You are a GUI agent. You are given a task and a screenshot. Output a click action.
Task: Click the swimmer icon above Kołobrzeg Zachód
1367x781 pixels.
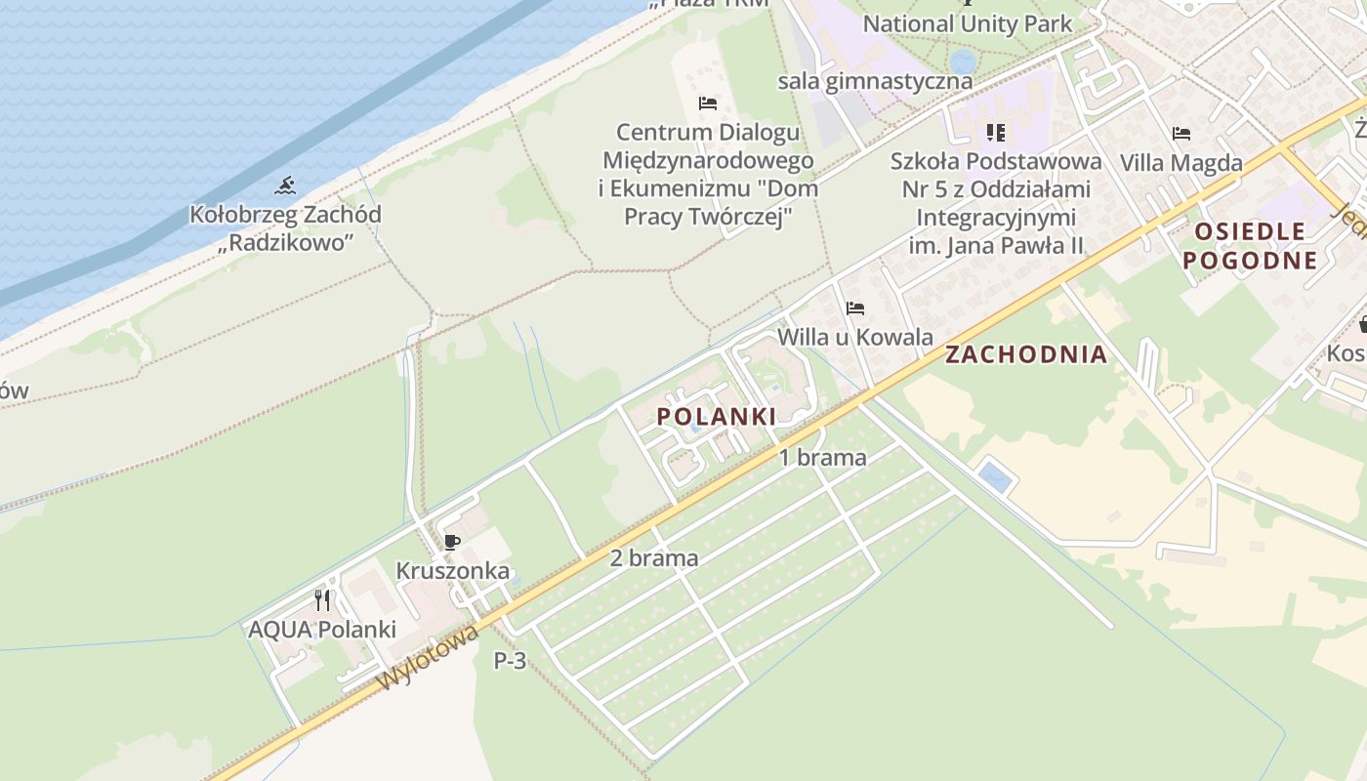click(285, 185)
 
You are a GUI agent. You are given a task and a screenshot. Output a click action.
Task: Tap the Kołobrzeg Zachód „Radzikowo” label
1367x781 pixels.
click(285, 228)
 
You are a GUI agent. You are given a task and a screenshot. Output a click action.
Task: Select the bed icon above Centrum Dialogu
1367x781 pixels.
click(708, 103)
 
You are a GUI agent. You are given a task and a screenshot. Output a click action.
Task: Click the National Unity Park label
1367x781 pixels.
click(967, 23)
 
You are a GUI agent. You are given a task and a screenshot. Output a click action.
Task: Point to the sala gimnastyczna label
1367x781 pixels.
click(875, 81)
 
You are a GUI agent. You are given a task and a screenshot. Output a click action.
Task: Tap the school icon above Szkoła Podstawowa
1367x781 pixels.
click(995, 132)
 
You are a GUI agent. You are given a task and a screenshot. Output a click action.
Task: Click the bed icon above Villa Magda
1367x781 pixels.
click(1181, 133)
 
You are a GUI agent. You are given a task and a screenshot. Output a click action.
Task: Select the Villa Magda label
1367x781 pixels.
click(1181, 162)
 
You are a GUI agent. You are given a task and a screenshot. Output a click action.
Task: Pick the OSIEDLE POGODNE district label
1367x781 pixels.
click(1250, 246)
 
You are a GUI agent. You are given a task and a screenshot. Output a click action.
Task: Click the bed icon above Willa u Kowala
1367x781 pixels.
click(855, 308)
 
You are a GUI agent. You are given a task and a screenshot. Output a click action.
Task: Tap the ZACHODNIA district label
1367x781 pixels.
click(1026, 354)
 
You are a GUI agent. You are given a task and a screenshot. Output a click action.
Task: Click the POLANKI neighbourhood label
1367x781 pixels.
click(717, 417)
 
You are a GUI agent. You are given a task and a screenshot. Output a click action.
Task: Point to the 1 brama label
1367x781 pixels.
click(822, 457)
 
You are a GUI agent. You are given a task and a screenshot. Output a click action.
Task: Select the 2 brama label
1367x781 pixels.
click(654, 558)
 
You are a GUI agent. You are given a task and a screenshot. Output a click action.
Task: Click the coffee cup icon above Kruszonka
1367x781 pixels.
click(451, 542)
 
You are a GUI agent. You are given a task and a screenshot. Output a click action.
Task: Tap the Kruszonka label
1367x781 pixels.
click(452, 570)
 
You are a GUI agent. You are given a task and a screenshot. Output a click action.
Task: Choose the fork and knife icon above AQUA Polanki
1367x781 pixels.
click(322, 599)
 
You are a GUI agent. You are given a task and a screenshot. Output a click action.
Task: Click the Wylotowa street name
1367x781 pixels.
click(430, 656)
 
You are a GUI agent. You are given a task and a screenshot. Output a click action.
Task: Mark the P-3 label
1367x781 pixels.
click(510, 661)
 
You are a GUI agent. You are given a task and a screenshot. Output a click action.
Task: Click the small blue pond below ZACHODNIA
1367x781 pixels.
click(995, 477)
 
